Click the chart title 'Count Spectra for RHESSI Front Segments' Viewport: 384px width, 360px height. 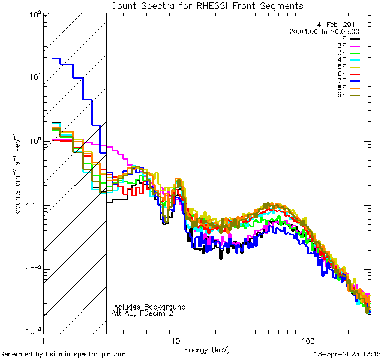(x=207, y=6)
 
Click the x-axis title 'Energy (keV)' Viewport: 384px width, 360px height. (x=207, y=349)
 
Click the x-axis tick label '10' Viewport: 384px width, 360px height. (x=176, y=341)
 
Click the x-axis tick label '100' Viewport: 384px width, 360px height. (x=308, y=341)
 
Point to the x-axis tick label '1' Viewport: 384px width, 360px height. (x=44, y=341)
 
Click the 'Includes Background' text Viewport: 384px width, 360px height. (x=149, y=307)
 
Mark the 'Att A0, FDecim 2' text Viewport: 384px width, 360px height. (x=143, y=313)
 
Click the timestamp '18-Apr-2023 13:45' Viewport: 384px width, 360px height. (x=348, y=354)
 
